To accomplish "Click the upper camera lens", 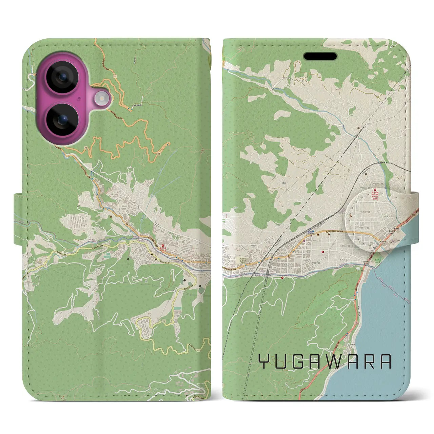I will (x=62, y=77).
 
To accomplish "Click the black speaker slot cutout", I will (x=320, y=56).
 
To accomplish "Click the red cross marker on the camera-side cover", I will (x=162, y=246).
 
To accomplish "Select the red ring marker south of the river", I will (x=282, y=277).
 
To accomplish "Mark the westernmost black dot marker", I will (x=128, y=259).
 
